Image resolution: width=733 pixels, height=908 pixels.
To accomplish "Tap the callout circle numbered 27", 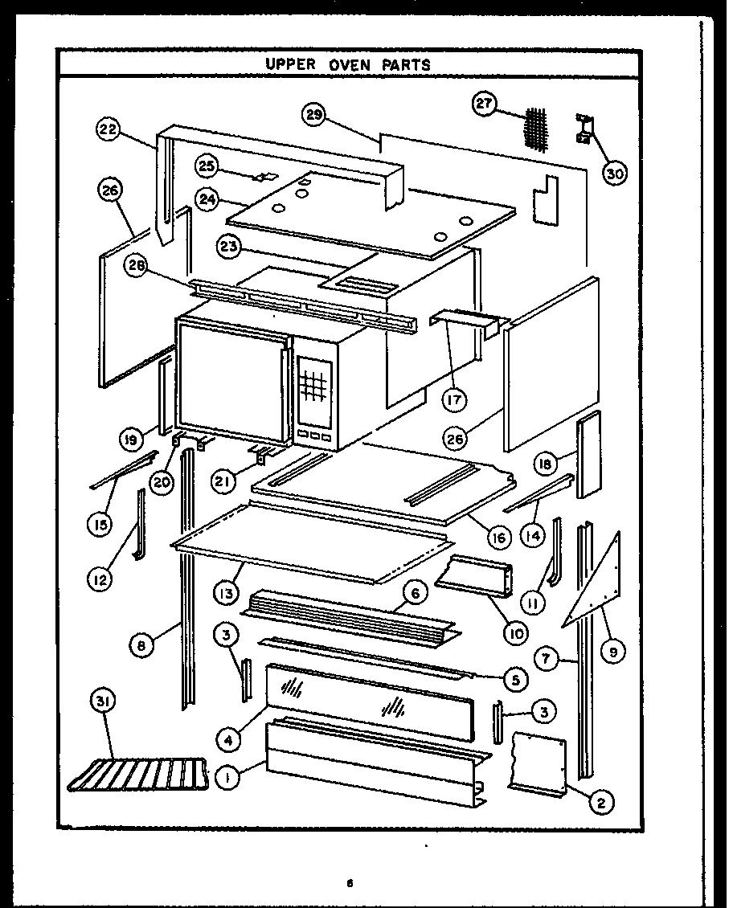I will coord(484,105).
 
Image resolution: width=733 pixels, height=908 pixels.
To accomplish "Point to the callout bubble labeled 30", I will coord(615,173).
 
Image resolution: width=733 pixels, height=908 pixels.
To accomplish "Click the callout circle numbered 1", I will coord(228,777).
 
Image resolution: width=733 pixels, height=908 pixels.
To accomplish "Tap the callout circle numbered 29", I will coord(314,115).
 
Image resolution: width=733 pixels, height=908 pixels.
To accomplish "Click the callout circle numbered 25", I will coord(207,166).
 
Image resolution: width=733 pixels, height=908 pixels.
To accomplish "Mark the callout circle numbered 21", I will coord(224,481).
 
